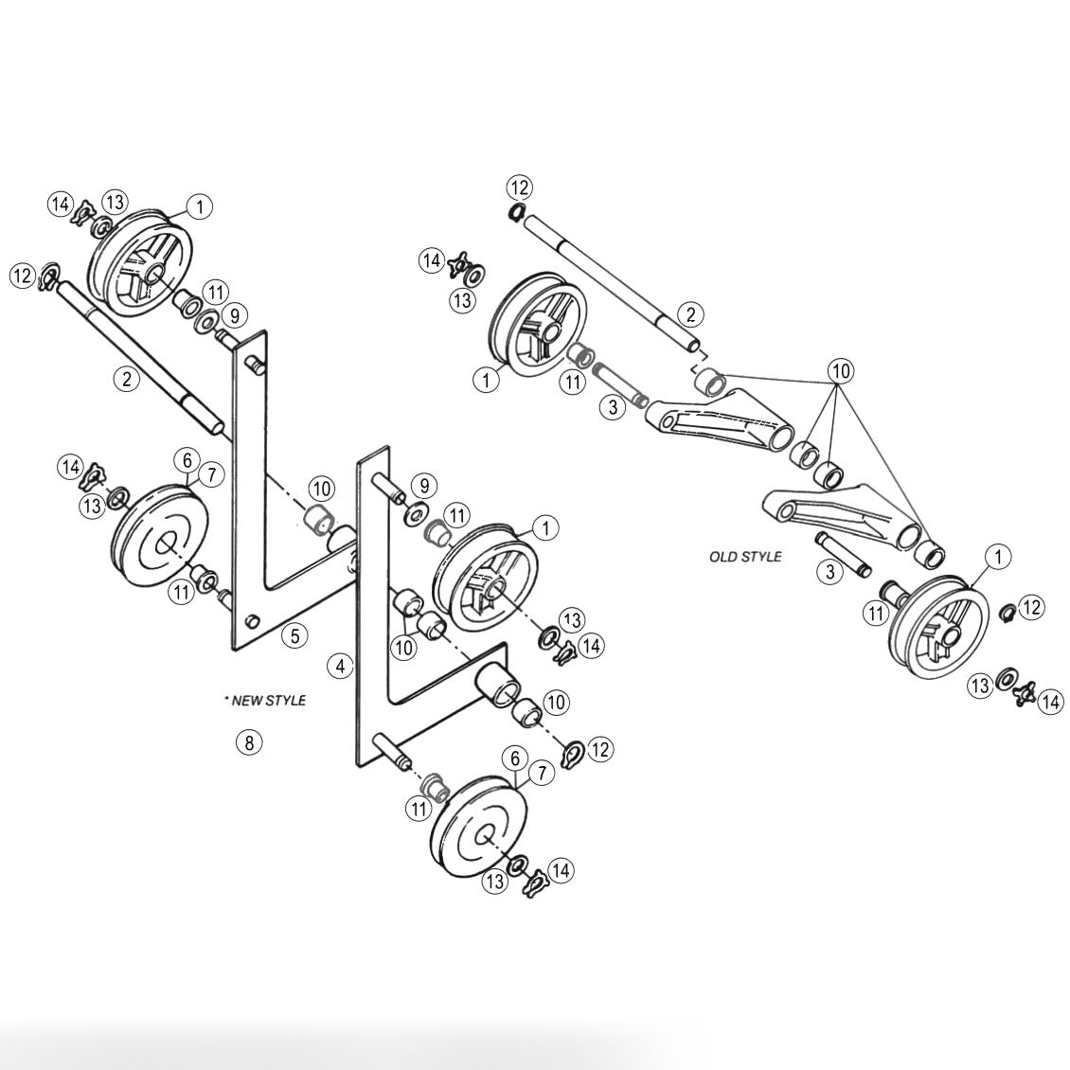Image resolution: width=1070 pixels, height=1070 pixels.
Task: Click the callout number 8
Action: pyautogui.click(x=248, y=742)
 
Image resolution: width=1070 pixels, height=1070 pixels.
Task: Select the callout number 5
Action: pyautogui.click(x=294, y=635)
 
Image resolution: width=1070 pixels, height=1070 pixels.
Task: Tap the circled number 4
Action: pyautogui.click(x=340, y=666)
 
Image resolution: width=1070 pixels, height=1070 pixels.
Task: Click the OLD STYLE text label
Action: pyautogui.click(x=745, y=557)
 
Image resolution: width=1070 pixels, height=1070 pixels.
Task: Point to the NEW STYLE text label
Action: pyautogui.click(x=266, y=701)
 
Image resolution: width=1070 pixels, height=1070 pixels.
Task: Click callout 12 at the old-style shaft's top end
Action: pyautogui.click(x=519, y=187)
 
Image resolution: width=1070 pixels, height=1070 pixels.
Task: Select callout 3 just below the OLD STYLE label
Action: pyautogui.click(x=829, y=571)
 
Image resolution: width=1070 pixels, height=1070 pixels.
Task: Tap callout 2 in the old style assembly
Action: pyautogui.click(x=690, y=314)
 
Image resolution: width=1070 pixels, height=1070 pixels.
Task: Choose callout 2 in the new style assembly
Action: pyautogui.click(x=126, y=379)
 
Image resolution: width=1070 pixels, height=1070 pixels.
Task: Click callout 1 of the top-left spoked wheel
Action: pyautogui.click(x=200, y=205)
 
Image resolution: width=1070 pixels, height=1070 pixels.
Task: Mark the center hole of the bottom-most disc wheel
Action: pyautogui.click(x=484, y=834)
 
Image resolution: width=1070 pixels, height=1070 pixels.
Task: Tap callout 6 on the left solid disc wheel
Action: pyautogui.click(x=187, y=460)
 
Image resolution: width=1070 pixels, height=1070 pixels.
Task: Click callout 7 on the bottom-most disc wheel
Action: pyautogui.click(x=541, y=774)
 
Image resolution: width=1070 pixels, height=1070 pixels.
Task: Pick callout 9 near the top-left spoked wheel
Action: pyautogui.click(x=234, y=313)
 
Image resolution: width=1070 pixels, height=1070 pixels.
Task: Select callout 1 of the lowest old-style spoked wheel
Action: pyautogui.click(x=997, y=558)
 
